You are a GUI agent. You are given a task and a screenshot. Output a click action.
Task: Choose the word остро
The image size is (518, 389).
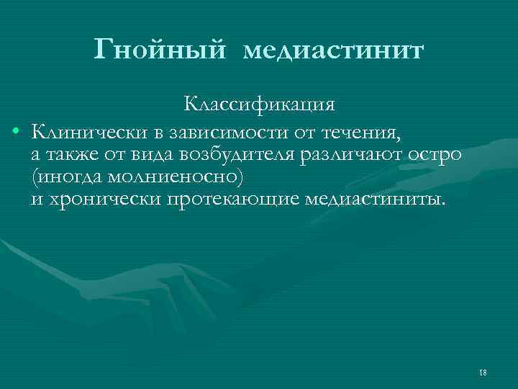(439, 155)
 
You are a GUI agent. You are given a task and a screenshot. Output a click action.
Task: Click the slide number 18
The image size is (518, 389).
(482, 372)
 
